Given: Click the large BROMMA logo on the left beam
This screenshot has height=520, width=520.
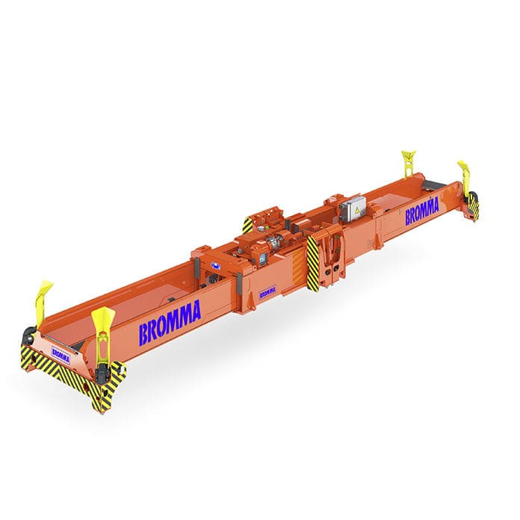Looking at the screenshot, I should (170, 323).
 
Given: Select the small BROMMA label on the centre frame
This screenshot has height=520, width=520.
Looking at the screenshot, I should (267, 291).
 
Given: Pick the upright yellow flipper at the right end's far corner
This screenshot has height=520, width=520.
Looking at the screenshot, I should (408, 162).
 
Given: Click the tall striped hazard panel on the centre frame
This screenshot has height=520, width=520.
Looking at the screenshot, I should (312, 263).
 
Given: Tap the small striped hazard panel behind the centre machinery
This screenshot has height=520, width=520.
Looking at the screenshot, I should (247, 225).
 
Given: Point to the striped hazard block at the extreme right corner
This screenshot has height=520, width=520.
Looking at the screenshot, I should (474, 207).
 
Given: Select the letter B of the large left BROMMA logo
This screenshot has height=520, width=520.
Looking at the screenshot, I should (144, 334).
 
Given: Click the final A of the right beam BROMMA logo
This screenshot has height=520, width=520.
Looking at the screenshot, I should (436, 209).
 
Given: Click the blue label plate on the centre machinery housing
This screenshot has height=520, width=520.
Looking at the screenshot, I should (217, 262).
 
